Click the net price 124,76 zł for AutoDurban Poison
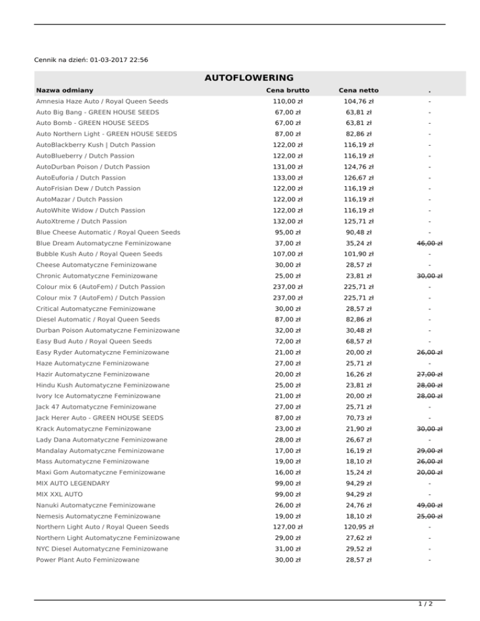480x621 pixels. [358, 167]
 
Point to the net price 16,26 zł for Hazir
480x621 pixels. [358, 374]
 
